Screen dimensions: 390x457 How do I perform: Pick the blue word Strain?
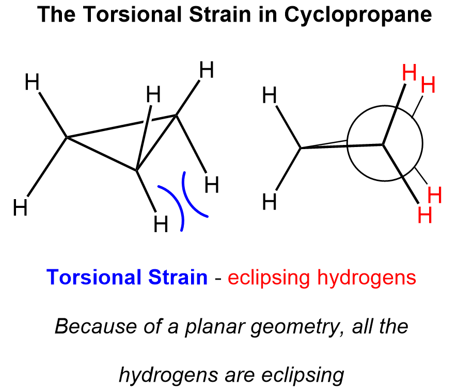tap(178, 278)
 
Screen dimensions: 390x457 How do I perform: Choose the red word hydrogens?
tap(371, 279)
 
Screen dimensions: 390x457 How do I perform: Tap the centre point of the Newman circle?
tap(384, 144)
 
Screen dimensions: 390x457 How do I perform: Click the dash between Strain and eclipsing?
tap(218, 279)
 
